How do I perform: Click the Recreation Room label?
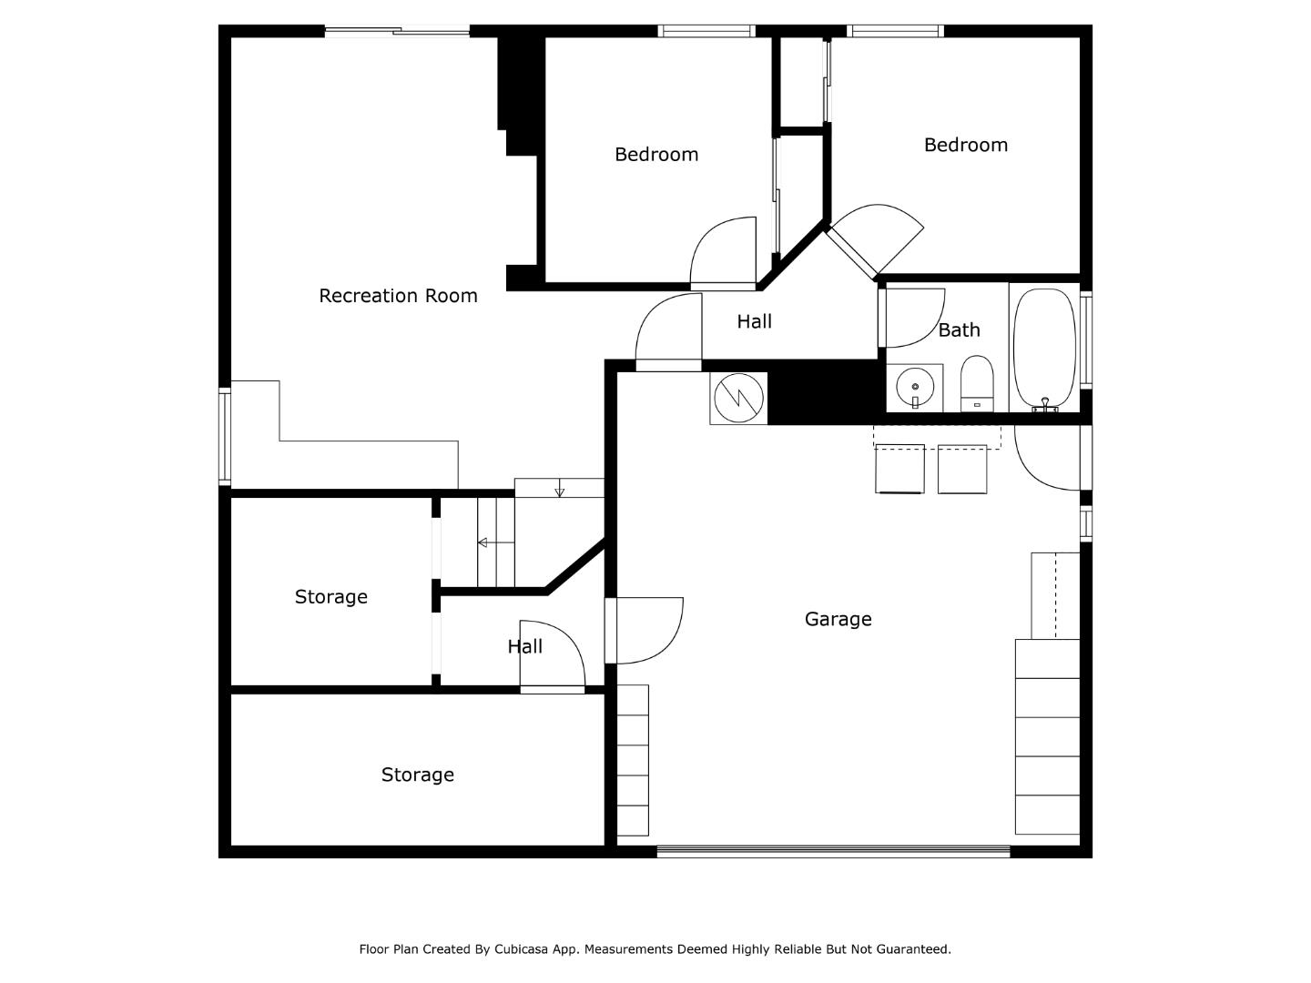tap(398, 296)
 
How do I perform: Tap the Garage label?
tap(838, 619)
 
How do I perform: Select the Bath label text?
tap(959, 330)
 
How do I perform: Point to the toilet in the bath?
tap(977, 383)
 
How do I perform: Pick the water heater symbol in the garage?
tap(738, 398)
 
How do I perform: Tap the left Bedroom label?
tap(656, 155)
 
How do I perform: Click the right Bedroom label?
tap(965, 145)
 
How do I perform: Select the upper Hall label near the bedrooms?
tap(754, 321)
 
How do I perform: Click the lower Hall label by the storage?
tap(524, 646)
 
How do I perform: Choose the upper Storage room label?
tap(330, 597)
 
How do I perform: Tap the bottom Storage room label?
tap(417, 775)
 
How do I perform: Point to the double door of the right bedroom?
tap(874, 238)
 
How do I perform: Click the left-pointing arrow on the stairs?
tap(483, 542)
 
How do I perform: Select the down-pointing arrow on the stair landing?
tap(559, 491)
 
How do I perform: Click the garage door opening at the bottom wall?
tap(833, 852)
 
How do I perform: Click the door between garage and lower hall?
tap(645, 630)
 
